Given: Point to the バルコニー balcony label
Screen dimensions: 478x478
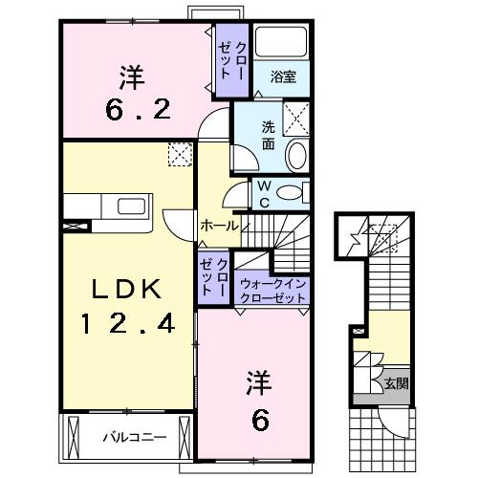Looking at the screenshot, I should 135,438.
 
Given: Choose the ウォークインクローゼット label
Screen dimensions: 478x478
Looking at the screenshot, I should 273,291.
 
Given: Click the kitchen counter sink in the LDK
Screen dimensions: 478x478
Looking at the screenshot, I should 126,206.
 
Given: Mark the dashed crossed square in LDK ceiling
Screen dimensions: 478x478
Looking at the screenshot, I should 179,154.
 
